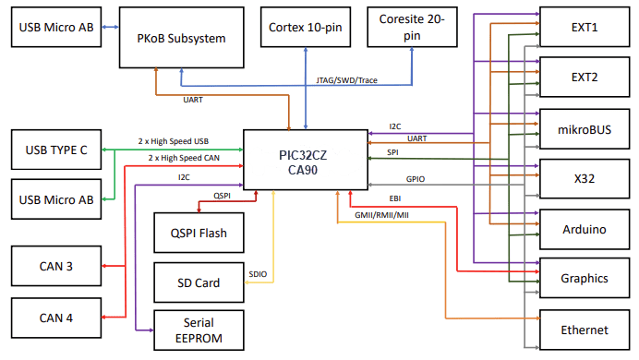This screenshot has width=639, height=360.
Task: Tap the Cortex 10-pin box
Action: coord(304,27)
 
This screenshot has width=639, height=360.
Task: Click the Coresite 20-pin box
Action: coord(411,27)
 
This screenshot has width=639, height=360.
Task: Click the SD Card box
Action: coord(199,282)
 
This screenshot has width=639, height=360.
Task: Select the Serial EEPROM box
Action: coord(199,330)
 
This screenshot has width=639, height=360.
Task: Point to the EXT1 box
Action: coord(584,28)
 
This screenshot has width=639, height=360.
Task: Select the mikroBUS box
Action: coord(584,127)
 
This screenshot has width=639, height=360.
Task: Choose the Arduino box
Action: coord(584,228)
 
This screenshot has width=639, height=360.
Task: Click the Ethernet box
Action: coord(584,330)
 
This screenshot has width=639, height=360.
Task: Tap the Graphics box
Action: coord(584,278)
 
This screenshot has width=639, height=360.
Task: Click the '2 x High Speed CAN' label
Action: coord(184,158)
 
